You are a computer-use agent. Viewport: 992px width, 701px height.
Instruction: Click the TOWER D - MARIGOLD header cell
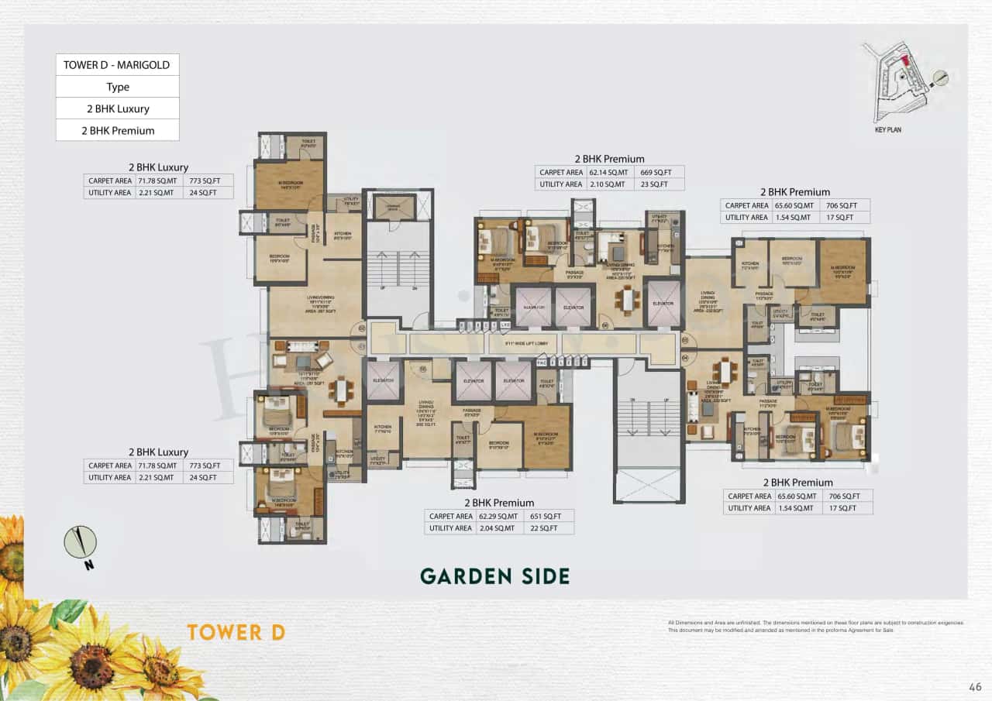(x=118, y=65)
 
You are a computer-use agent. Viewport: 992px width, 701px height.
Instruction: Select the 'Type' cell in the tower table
(x=118, y=87)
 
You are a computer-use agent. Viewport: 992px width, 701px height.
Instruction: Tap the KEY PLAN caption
(x=887, y=130)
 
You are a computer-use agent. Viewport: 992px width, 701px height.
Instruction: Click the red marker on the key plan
(x=903, y=61)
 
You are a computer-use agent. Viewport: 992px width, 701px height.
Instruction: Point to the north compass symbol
(x=81, y=542)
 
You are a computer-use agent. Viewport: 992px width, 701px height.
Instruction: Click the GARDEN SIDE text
(x=494, y=576)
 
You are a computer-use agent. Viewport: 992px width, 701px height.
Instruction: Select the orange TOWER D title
(x=236, y=632)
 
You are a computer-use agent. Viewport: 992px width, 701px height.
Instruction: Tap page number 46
(x=975, y=686)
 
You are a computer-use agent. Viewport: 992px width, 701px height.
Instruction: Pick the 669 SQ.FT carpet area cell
(x=659, y=173)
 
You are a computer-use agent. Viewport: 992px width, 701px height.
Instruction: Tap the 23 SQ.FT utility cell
(x=659, y=184)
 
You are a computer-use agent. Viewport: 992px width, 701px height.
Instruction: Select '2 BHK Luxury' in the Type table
(x=118, y=108)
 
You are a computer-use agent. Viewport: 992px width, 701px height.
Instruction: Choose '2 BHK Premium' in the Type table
(x=118, y=130)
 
